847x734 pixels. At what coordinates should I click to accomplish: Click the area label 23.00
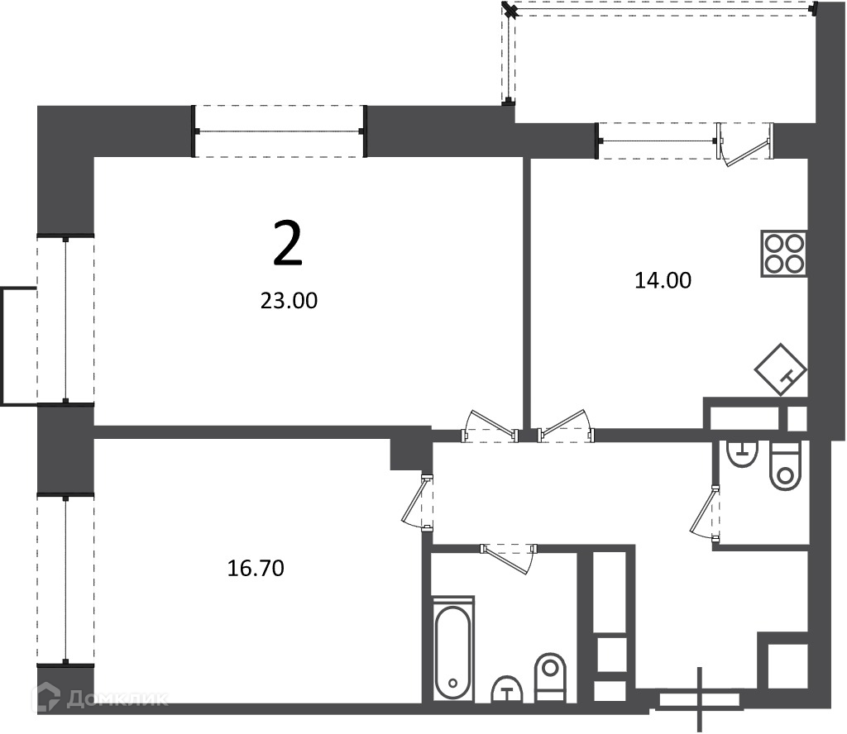(x=289, y=301)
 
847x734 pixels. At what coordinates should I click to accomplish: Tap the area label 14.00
(x=663, y=281)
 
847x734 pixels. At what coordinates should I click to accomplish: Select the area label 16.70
(x=256, y=569)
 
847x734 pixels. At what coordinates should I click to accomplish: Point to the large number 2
(x=287, y=245)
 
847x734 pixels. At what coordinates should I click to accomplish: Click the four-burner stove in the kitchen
(x=784, y=254)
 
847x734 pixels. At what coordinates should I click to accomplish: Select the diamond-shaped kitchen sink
(x=781, y=369)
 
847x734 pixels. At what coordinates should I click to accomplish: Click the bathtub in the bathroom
(x=453, y=649)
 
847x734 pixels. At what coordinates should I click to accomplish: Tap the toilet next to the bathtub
(x=550, y=677)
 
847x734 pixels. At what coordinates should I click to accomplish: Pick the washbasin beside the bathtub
(x=507, y=689)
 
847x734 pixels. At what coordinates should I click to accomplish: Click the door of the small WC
(x=706, y=512)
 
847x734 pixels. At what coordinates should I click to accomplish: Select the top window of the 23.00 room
(x=280, y=131)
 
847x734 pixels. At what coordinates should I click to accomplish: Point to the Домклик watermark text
(x=117, y=699)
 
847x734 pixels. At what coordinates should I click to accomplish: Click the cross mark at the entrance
(x=701, y=700)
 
